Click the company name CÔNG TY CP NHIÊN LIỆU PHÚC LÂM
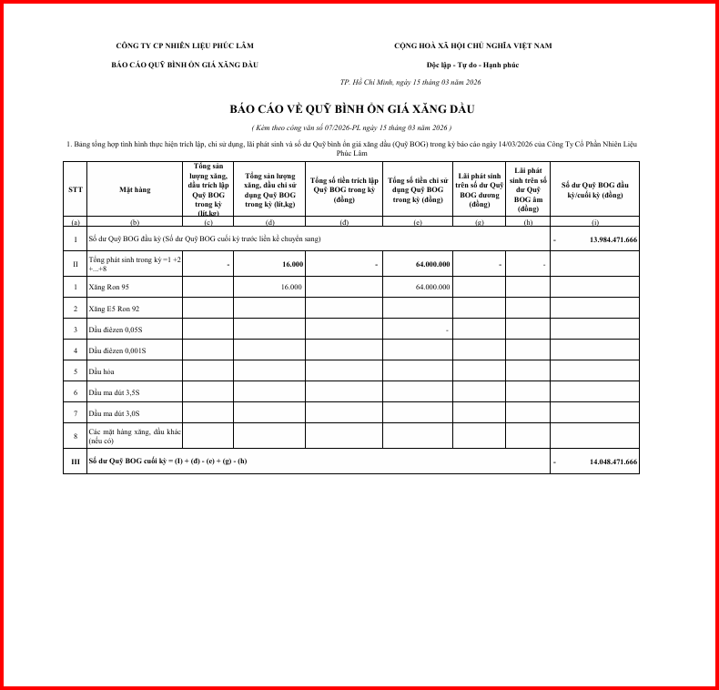click(184, 46)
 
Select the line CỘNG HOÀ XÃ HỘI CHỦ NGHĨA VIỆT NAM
click(472, 46)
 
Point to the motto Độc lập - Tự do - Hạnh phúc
click(472, 65)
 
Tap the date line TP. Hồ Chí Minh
click(410, 82)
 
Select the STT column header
click(75, 189)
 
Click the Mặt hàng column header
click(135, 189)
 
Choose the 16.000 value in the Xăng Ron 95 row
click(291, 287)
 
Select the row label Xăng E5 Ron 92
click(113, 309)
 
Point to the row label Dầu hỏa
click(101, 371)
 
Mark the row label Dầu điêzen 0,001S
click(117, 350)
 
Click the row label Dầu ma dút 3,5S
click(115, 392)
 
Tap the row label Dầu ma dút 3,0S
click(115, 413)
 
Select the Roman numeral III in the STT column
click(76, 462)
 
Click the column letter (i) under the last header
click(594, 221)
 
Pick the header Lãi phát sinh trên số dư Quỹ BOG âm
click(528, 189)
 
